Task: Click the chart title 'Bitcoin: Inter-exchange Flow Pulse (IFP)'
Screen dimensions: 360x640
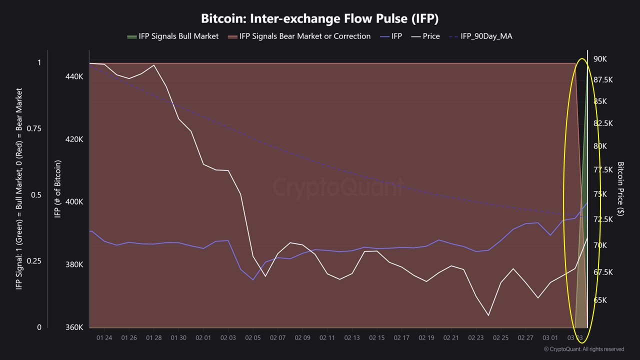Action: pyautogui.click(x=319, y=18)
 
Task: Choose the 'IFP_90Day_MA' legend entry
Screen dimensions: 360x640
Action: pyautogui.click(x=480, y=36)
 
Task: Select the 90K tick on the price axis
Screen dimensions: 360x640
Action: pyautogui.click(x=600, y=58)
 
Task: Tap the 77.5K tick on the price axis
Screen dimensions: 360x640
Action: pyautogui.click(x=602, y=170)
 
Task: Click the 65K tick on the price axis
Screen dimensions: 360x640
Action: pyautogui.click(x=600, y=300)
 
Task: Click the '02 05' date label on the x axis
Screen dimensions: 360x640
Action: pyautogui.click(x=252, y=338)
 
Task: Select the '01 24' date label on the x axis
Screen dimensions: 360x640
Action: pyautogui.click(x=104, y=338)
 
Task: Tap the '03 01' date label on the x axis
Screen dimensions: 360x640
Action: pyautogui.click(x=550, y=338)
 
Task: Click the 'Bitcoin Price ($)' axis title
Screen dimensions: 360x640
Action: pyautogui.click(x=620, y=188)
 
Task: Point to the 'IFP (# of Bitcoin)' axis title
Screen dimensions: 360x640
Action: pyautogui.click(x=57, y=189)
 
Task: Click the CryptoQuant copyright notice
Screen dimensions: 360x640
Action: pyautogui.click(x=583, y=349)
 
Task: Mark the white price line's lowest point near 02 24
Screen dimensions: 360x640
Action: pyautogui.click(x=488, y=315)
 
